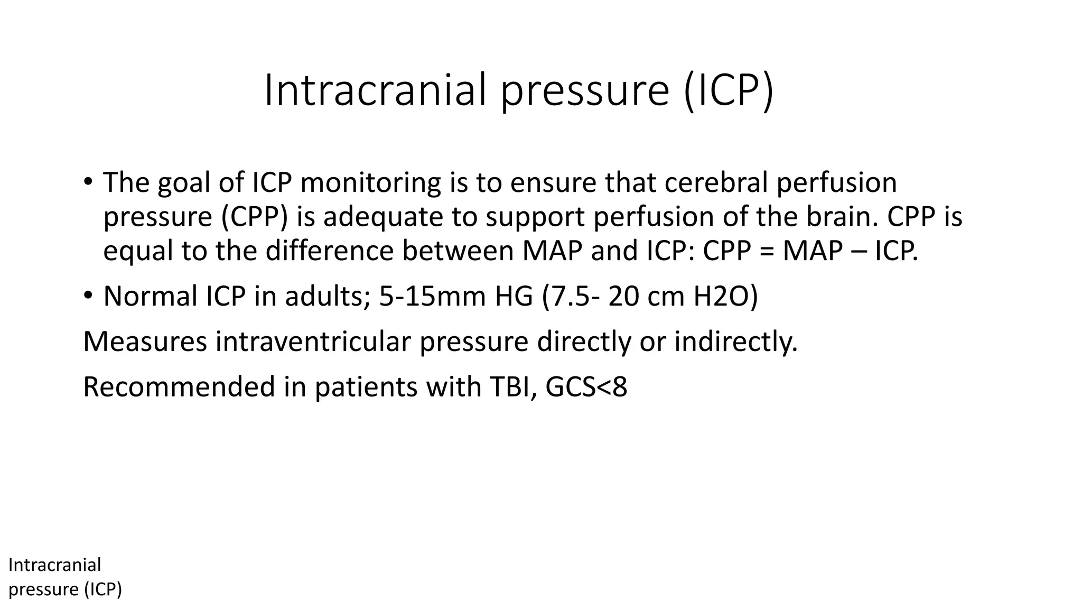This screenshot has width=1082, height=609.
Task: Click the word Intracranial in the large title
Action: (x=375, y=90)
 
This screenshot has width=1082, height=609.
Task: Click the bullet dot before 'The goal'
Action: (x=88, y=182)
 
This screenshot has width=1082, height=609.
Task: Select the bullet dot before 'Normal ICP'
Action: (x=88, y=296)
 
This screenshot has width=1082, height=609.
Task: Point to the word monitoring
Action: (x=370, y=183)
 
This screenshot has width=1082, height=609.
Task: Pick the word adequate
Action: (x=383, y=217)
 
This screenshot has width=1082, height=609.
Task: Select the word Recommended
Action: (x=179, y=387)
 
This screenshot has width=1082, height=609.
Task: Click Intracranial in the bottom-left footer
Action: (x=55, y=565)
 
